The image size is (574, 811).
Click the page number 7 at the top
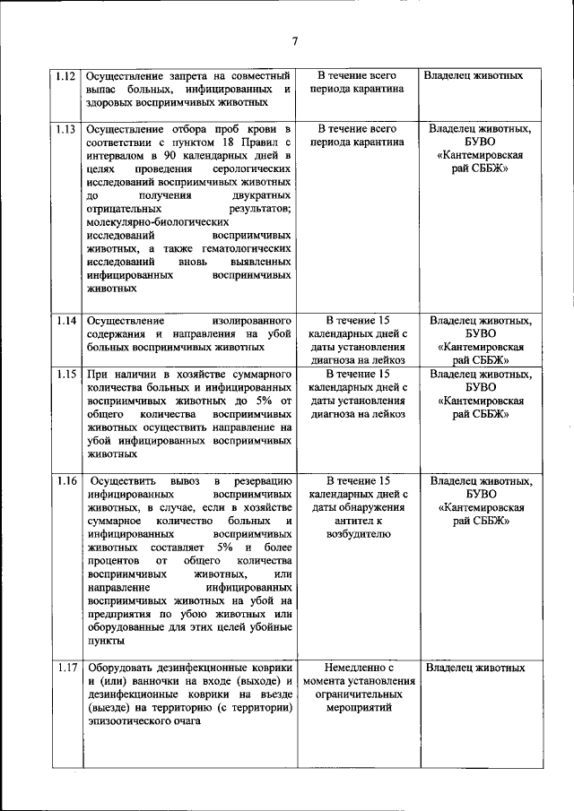point(294,40)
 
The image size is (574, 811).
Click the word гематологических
point(244,248)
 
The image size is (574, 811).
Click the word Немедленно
point(358,668)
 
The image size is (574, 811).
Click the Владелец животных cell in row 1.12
point(473,76)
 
